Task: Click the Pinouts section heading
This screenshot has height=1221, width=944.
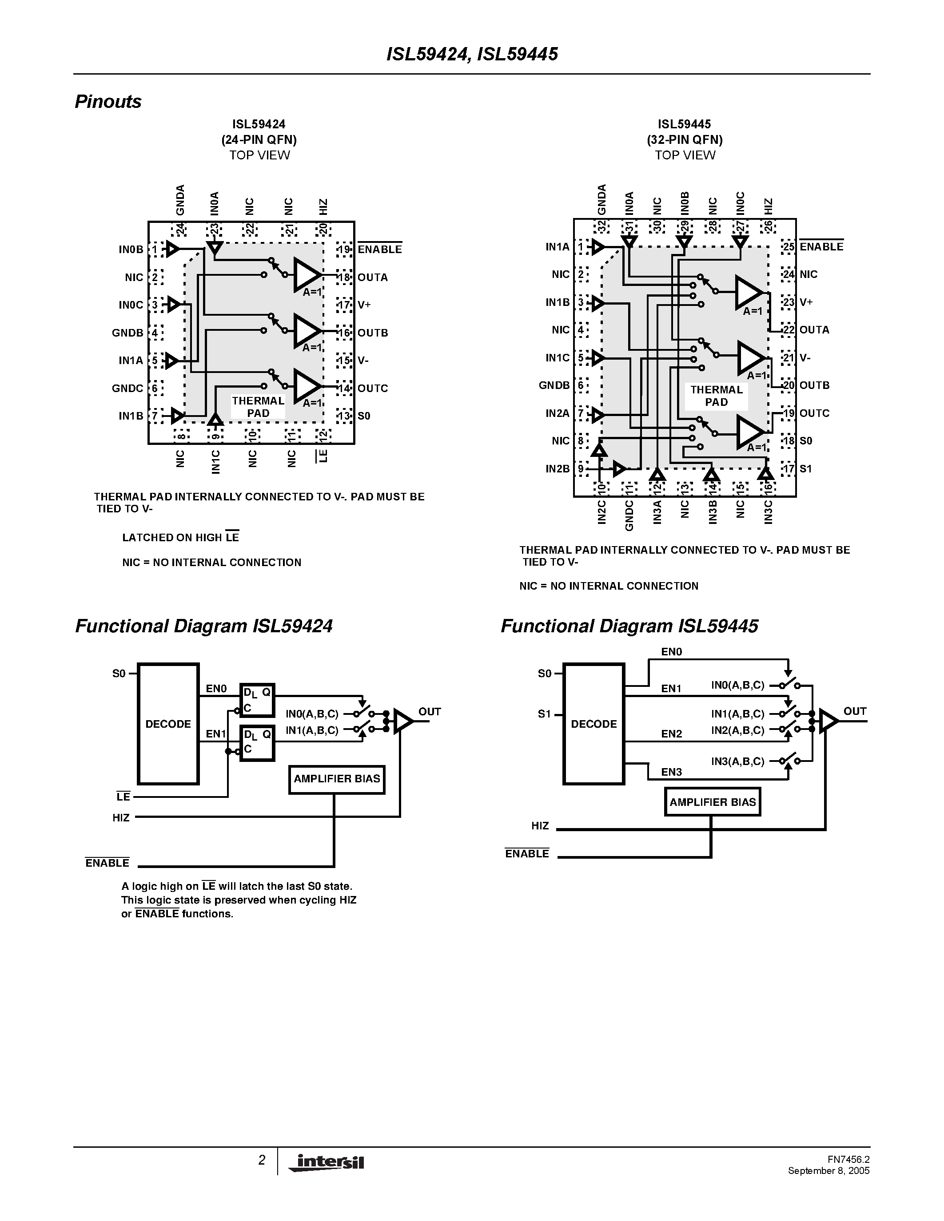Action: pyautogui.click(x=108, y=102)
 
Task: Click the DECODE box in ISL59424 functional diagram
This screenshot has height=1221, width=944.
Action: pyautogui.click(x=168, y=724)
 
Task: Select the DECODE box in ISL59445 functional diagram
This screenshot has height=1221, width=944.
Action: pyautogui.click(x=593, y=724)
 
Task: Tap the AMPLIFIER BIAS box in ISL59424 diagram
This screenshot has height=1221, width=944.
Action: pyautogui.click(x=337, y=779)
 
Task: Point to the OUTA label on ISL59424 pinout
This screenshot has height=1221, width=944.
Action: pyautogui.click(x=372, y=277)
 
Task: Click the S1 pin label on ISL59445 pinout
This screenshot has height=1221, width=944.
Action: pyautogui.click(x=805, y=468)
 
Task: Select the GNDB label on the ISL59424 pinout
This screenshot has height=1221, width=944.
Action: pyautogui.click(x=127, y=333)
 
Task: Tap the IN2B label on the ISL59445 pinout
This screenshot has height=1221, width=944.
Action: pyautogui.click(x=558, y=468)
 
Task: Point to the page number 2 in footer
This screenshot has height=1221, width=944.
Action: pyautogui.click(x=262, y=1160)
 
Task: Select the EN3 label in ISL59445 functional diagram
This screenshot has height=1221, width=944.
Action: pyautogui.click(x=671, y=772)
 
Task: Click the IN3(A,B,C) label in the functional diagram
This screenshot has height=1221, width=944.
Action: pyautogui.click(x=737, y=761)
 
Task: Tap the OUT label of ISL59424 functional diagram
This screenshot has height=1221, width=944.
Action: pyautogui.click(x=430, y=712)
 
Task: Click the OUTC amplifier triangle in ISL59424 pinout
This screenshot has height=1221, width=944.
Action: pyautogui.click(x=307, y=385)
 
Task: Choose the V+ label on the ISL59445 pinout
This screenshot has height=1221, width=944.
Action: pyautogui.click(x=806, y=302)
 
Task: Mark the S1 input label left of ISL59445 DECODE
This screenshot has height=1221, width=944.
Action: pyautogui.click(x=544, y=714)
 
